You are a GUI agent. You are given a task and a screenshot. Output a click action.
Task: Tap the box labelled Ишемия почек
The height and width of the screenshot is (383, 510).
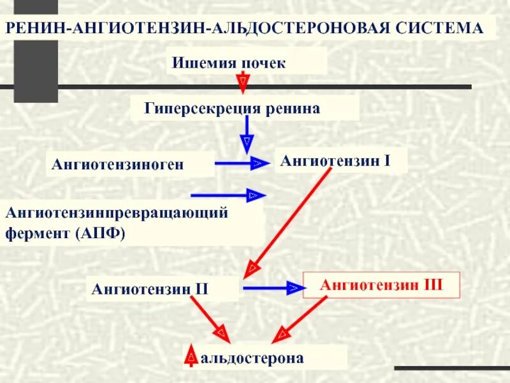point(245,63)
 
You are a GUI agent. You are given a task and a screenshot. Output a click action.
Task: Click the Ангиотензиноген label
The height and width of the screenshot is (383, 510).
point(118,165)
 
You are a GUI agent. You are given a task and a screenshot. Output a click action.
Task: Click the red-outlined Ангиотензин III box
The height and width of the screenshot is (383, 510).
point(381,284)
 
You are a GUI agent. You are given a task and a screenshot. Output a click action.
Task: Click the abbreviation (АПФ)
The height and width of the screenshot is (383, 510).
point(102,233)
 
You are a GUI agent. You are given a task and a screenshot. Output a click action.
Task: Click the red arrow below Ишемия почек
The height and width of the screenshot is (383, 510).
point(243,82)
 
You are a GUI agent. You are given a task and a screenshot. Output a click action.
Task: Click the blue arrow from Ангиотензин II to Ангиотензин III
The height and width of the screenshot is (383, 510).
point(272,289)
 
